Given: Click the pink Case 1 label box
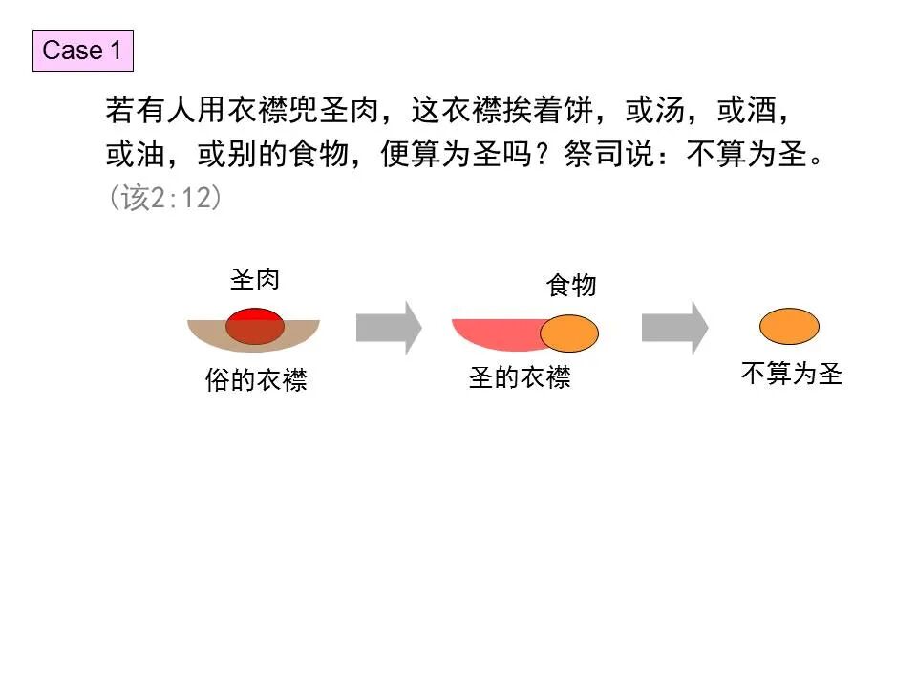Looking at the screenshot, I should pos(82,51).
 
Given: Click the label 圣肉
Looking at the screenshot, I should pos(255,280).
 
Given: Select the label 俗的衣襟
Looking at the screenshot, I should pos(256,380).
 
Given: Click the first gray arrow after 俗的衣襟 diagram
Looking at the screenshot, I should pos(388,328).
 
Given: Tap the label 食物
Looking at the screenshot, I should pos(571,285).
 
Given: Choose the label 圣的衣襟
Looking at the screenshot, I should pos(520,377).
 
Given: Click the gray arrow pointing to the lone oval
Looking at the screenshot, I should pos(674,328).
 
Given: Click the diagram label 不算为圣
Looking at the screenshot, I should pos(792,373).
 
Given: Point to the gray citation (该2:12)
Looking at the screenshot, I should pos(165,198).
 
